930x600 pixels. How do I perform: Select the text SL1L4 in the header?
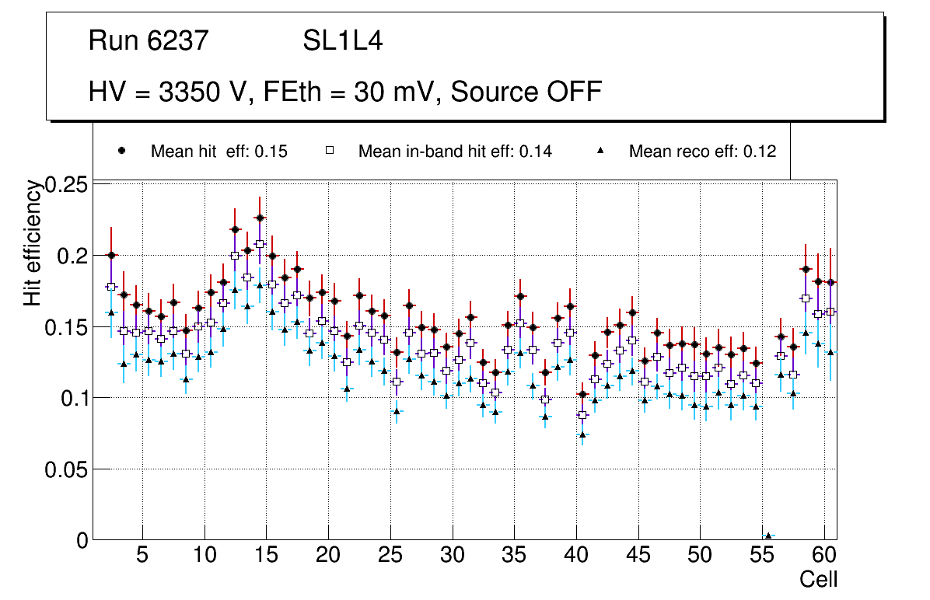[x=342, y=40]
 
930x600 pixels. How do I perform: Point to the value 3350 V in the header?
[x=201, y=92]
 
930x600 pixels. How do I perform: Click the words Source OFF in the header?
[x=526, y=92]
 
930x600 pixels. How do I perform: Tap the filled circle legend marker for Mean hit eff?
[x=121, y=150]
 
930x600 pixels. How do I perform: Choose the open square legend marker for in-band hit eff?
[x=330, y=151]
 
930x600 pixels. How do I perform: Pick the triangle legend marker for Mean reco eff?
[x=601, y=150]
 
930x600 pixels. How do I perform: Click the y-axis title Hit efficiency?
[x=33, y=242]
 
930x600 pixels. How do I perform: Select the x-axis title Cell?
[x=819, y=579]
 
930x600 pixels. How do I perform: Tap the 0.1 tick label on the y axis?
[x=74, y=398]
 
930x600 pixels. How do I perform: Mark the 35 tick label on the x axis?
[x=514, y=556]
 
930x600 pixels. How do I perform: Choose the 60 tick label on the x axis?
[x=823, y=556]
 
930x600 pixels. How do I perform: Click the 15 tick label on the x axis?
[x=266, y=556]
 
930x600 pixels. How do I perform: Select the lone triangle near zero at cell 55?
[x=768, y=535]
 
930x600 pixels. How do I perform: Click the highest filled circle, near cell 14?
[x=260, y=218]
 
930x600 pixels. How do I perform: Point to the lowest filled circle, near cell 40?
[x=582, y=394]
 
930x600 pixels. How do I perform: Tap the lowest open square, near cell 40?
[x=582, y=415]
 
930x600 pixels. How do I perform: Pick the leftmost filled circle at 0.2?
[x=111, y=255]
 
